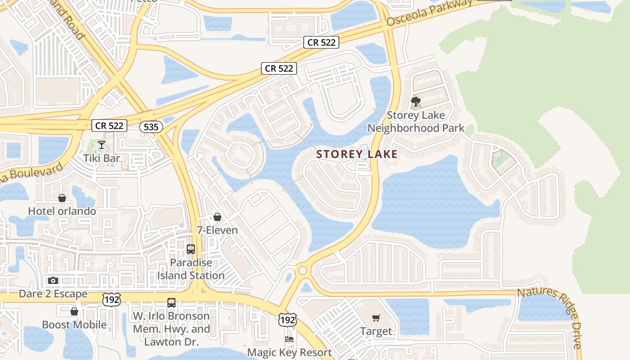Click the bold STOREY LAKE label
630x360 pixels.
click(x=357, y=154)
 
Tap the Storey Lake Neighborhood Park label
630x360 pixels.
click(x=416, y=121)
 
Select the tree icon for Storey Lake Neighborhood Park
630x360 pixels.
click(x=416, y=101)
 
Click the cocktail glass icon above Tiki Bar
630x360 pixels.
click(x=102, y=144)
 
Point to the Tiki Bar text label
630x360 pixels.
click(x=102, y=158)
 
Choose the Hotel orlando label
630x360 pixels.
click(x=62, y=211)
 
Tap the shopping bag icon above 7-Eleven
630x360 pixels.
click(x=217, y=217)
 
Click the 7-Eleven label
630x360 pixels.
click(x=217, y=230)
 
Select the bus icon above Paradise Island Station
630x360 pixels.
click(x=191, y=249)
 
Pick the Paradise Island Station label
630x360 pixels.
click(x=191, y=269)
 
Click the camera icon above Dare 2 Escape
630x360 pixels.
click(x=53, y=281)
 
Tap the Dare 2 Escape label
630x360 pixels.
click(x=53, y=294)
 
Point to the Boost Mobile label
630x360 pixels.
click(x=74, y=324)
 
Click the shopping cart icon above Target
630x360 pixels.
click(x=376, y=318)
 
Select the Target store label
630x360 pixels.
click(x=376, y=331)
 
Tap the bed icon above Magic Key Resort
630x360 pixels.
click(x=290, y=339)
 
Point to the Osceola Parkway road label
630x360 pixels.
click(x=430, y=12)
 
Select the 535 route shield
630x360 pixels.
click(x=151, y=127)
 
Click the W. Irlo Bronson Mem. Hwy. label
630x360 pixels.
click(x=171, y=328)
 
